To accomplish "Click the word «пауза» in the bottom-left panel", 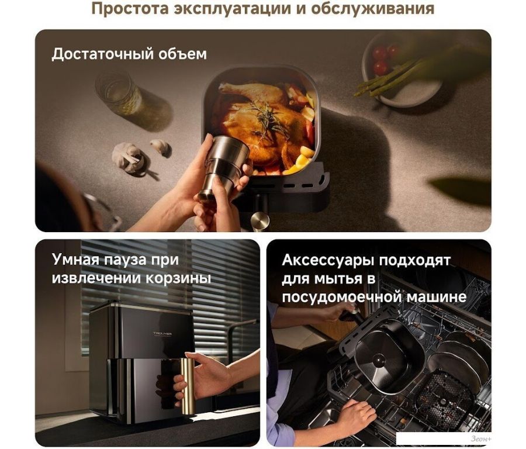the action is tap(126, 260).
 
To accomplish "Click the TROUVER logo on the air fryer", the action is tap(162, 334).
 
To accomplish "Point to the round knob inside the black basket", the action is tap(379, 360).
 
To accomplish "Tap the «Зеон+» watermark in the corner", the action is tap(481, 438).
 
